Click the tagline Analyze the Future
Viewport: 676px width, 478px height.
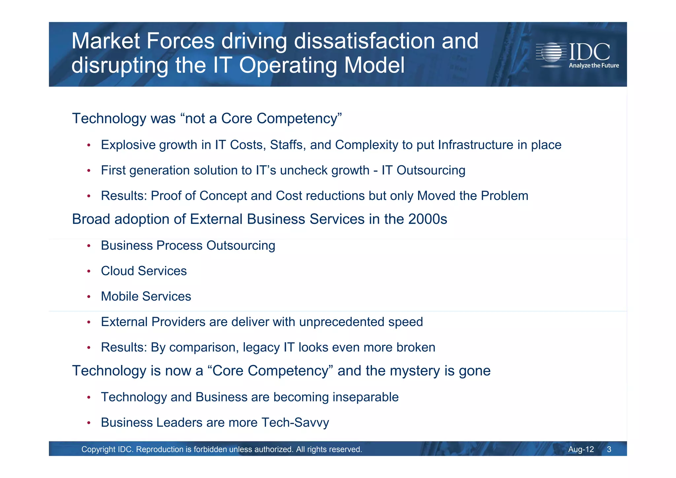[x=593, y=65]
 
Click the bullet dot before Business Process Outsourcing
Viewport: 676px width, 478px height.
[x=88, y=246]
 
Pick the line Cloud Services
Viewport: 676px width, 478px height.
[x=144, y=271]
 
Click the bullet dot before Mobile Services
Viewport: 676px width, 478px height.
[x=88, y=297]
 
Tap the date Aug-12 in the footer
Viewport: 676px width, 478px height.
[x=581, y=449]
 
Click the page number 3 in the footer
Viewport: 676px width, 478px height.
[x=609, y=449]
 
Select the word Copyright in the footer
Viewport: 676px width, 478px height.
[x=98, y=449]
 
